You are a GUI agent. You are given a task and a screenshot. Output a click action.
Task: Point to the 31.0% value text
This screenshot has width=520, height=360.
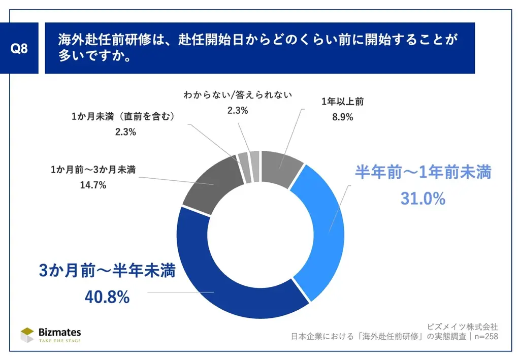click(422, 199)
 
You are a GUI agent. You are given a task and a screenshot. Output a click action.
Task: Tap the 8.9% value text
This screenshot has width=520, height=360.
click(343, 117)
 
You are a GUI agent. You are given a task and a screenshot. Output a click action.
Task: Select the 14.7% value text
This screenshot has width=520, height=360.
click(92, 185)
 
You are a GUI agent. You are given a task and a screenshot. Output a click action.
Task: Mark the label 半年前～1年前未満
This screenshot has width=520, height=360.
click(422, 173)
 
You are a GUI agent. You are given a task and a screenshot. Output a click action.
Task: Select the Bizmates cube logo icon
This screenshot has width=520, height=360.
click(27, 335)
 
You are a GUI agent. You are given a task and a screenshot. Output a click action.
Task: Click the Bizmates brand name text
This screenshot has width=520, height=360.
click(60, 332)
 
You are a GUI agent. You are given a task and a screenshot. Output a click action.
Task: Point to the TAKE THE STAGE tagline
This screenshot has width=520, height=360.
click(60, 341)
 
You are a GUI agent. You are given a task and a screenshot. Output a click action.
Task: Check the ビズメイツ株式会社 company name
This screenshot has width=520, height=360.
click(463, 326)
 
